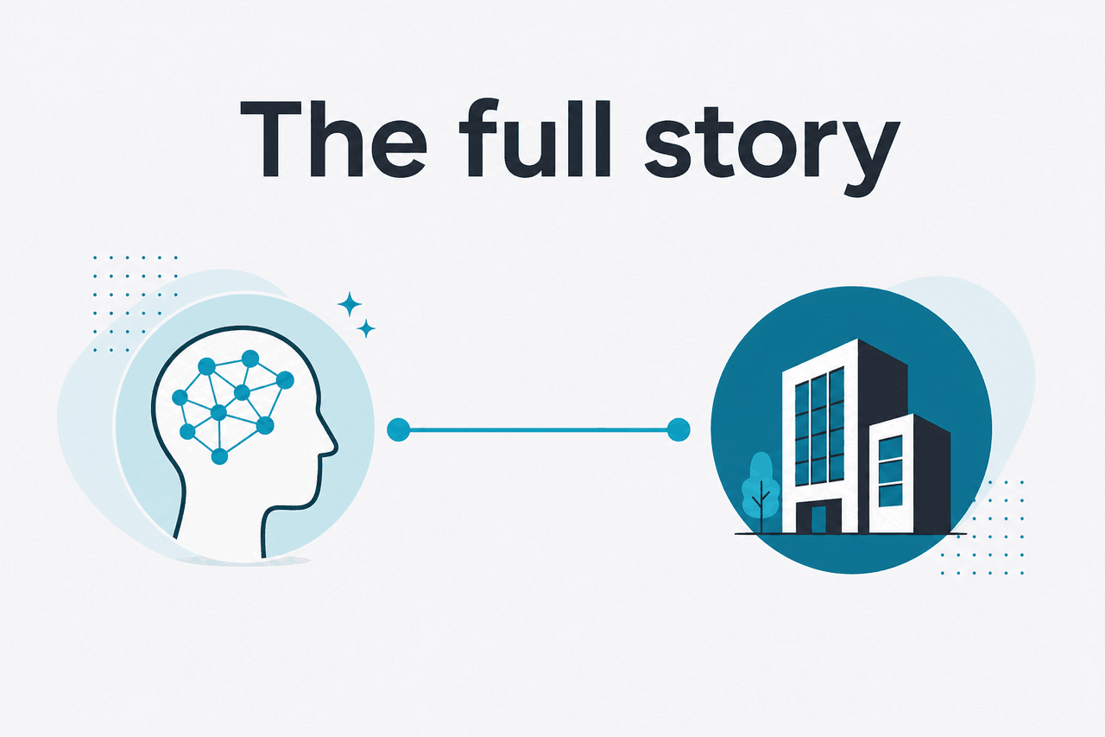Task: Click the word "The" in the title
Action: (x=333, y=138)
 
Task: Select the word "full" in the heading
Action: (x=535, y=137)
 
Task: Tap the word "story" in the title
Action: (x=773, y=148)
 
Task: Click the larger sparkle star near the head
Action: (x=350, y=304)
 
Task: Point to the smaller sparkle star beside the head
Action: (x=366, y=328)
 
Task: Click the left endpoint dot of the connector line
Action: (x=399, y=429)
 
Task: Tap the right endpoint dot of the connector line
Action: (x=679, y=429)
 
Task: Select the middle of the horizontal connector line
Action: (x=539, y=430)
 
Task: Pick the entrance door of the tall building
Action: (x=818, y=519)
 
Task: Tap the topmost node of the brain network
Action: (x=250, y=359)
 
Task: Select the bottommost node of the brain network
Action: (x=219, y=456)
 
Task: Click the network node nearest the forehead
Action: (x=285, y=380)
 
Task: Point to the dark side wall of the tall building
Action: (x=883, y=390)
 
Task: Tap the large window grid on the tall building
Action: (x=819, y=426)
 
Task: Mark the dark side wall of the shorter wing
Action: (x=931, y=478)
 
